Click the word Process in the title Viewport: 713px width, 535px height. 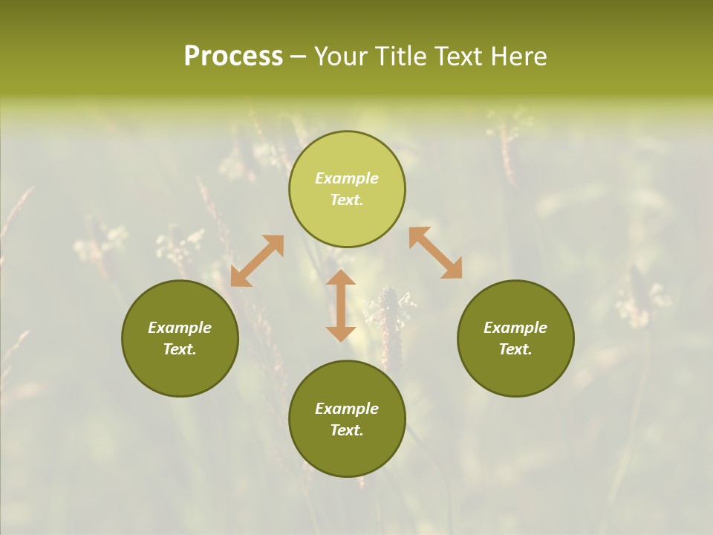pyautogui.click(x=233, y=56)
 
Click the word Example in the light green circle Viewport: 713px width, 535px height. pyautogui.click(x=347, y=178)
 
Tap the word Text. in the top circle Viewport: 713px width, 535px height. pyautogui.click(x=347, y=200)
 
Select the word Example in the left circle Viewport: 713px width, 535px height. pyautogui.click(x=180, y=328)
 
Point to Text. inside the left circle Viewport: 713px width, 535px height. pyautogui.click(x=180, y=349)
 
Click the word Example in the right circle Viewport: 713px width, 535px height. pyautogui.click(x=515, y=328)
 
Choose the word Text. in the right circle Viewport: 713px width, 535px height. pyautogui.click(x=515, y=349)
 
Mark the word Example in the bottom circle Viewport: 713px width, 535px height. pyautogui.click(x=347, y=409)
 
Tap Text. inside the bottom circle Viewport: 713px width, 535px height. pyautogui.click(x=347, y=430)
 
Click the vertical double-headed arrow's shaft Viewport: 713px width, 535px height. pyautogui.click(x=341, y=305)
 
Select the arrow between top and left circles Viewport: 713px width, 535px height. pyautogui.click(x=257, y=261)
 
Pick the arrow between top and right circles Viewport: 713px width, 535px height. pyautogui.click(x=435, y=253)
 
